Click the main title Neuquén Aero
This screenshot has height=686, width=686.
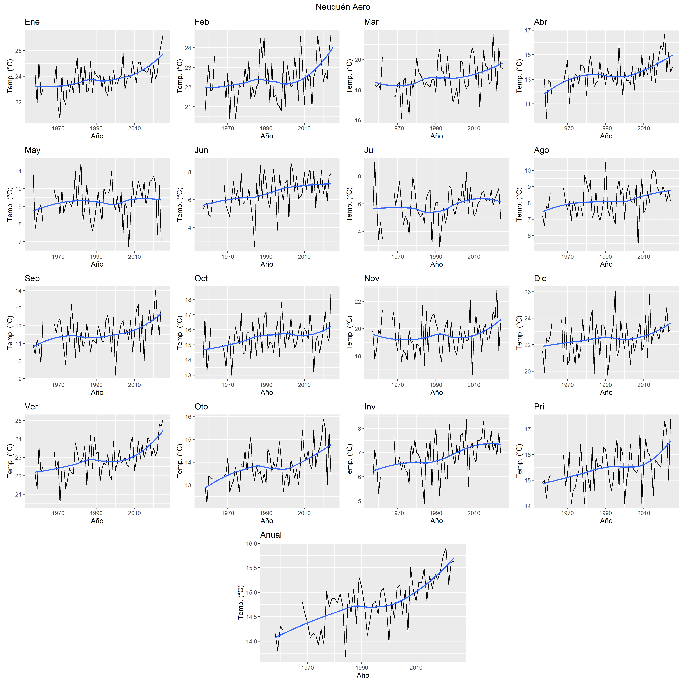[x=343, y=7]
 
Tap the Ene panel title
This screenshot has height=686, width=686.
[x=32, y=22]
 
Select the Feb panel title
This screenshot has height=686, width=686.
[x=202, y=22]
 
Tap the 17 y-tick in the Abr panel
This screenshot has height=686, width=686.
[x=528, y=30]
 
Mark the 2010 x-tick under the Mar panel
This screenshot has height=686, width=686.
[x=474, y=129]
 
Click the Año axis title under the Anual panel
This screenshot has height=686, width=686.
[x=363, y=675]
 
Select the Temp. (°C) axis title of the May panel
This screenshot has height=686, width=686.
[x=10, y=205]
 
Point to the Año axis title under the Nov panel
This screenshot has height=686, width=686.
[x=436, y=392]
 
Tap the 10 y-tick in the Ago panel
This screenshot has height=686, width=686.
[x=528, y=170]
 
